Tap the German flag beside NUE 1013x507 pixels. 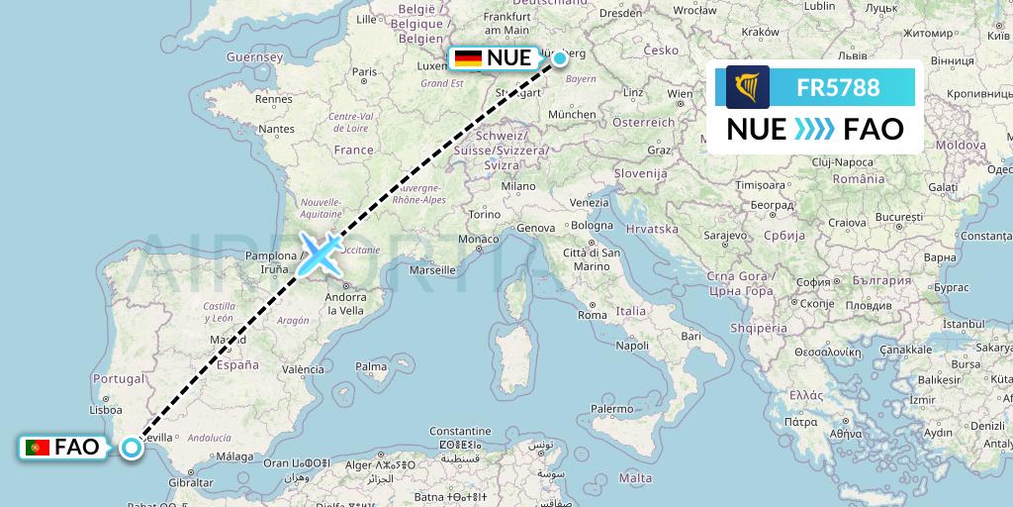coord(468,58)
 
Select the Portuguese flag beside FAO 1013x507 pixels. coord(39,448)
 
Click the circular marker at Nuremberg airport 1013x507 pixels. coord(560,58)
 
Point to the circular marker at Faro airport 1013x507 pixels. coord(132,448)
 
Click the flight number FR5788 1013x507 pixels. coord(838,87)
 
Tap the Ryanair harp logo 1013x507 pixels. coord(747,87)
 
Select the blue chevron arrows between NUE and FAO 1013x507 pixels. coord(815,130)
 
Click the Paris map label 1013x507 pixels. coord(365,71)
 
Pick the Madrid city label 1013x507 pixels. coord(228,340)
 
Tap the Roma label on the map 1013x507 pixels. coord(592,315)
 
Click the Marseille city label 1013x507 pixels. coord(431,269)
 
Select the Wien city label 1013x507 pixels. coord(680,94)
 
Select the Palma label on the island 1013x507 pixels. coord(371,366)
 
